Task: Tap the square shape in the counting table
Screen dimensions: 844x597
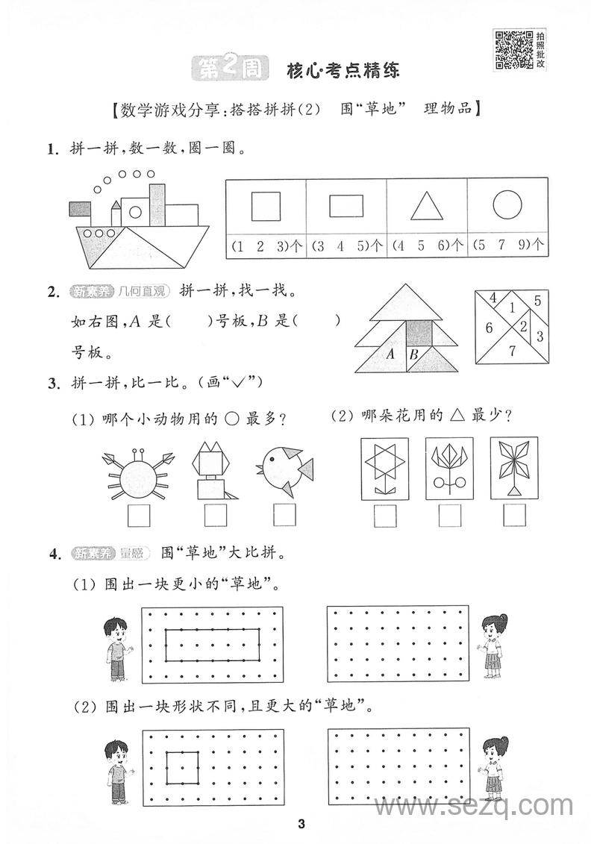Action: [x=266, y=206]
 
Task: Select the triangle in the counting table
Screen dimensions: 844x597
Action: [x=428, y=206]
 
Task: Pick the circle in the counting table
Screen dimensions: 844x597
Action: [x=507, y=205]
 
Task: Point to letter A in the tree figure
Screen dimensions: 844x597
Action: [x=390, y=354]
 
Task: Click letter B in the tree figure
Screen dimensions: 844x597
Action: [x=415, y=355]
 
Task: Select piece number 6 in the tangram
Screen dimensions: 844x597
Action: [x=489, y=328]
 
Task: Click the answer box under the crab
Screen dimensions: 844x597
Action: [x=138, y=516]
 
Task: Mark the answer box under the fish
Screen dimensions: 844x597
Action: [x=284, y=516]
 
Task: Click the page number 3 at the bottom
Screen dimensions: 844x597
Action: [x=301, y=824]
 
